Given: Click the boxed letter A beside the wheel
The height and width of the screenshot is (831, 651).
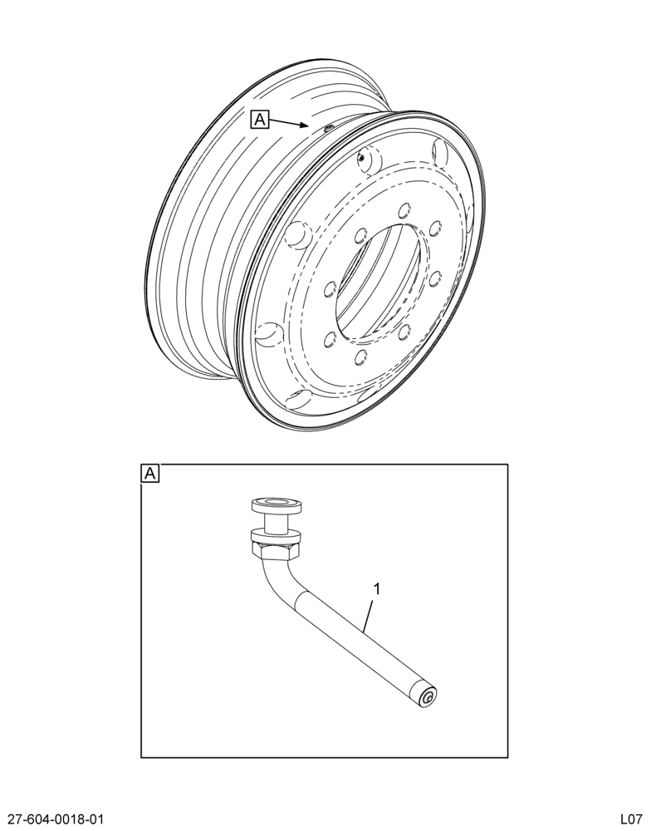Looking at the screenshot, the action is [260, 120].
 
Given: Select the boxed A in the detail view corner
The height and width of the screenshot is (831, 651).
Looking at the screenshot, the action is [150, 474].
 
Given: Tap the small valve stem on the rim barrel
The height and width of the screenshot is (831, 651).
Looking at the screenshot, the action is [329, 128].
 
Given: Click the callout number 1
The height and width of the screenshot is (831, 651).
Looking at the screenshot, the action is [377, 589].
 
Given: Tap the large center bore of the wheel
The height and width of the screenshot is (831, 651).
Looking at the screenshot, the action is [379, 281].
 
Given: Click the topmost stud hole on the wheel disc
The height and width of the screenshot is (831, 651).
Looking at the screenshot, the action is [405, 209].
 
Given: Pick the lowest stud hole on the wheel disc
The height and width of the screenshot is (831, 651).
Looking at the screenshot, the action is [362, 356].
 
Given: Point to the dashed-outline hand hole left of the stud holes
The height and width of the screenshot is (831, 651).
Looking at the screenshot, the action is [298, 236].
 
